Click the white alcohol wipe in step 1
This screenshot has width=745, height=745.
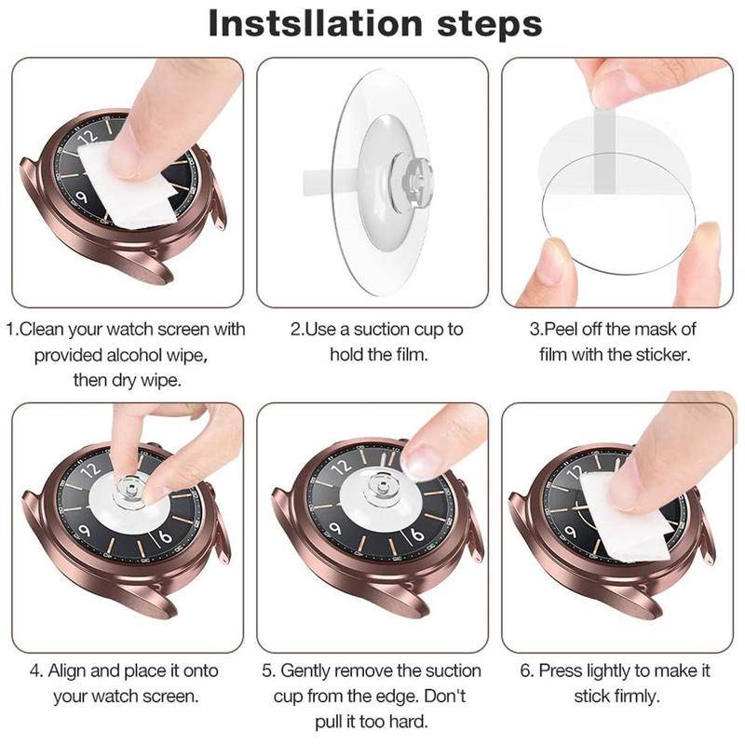pyautogui.click(x=128, y=185)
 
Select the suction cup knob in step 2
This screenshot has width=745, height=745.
pyautogui.click(x=413, y=181)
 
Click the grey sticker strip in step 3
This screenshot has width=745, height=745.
pyautogui.click(x=604, y=152)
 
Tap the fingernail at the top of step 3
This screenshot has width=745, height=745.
pyautogui.click(x=613, y=88)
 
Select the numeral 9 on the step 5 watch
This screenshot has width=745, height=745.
pyautogui.click(x=335, y=528)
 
